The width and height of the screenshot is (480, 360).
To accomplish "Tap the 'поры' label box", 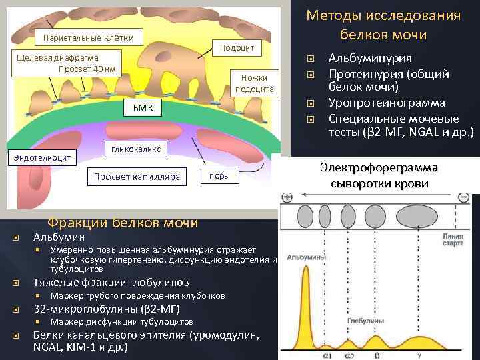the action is tap(220, 176).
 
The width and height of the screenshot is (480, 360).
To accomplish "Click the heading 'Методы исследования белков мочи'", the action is tap(383, 25).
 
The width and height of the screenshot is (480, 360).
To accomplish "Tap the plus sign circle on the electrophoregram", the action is tap(288, 197).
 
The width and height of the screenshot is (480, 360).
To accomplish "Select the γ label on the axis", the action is tap(418, 355).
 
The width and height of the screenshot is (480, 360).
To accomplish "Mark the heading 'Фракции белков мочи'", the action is tap(122, 222).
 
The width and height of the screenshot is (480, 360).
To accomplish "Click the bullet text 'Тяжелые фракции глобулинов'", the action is tap(111, 282).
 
